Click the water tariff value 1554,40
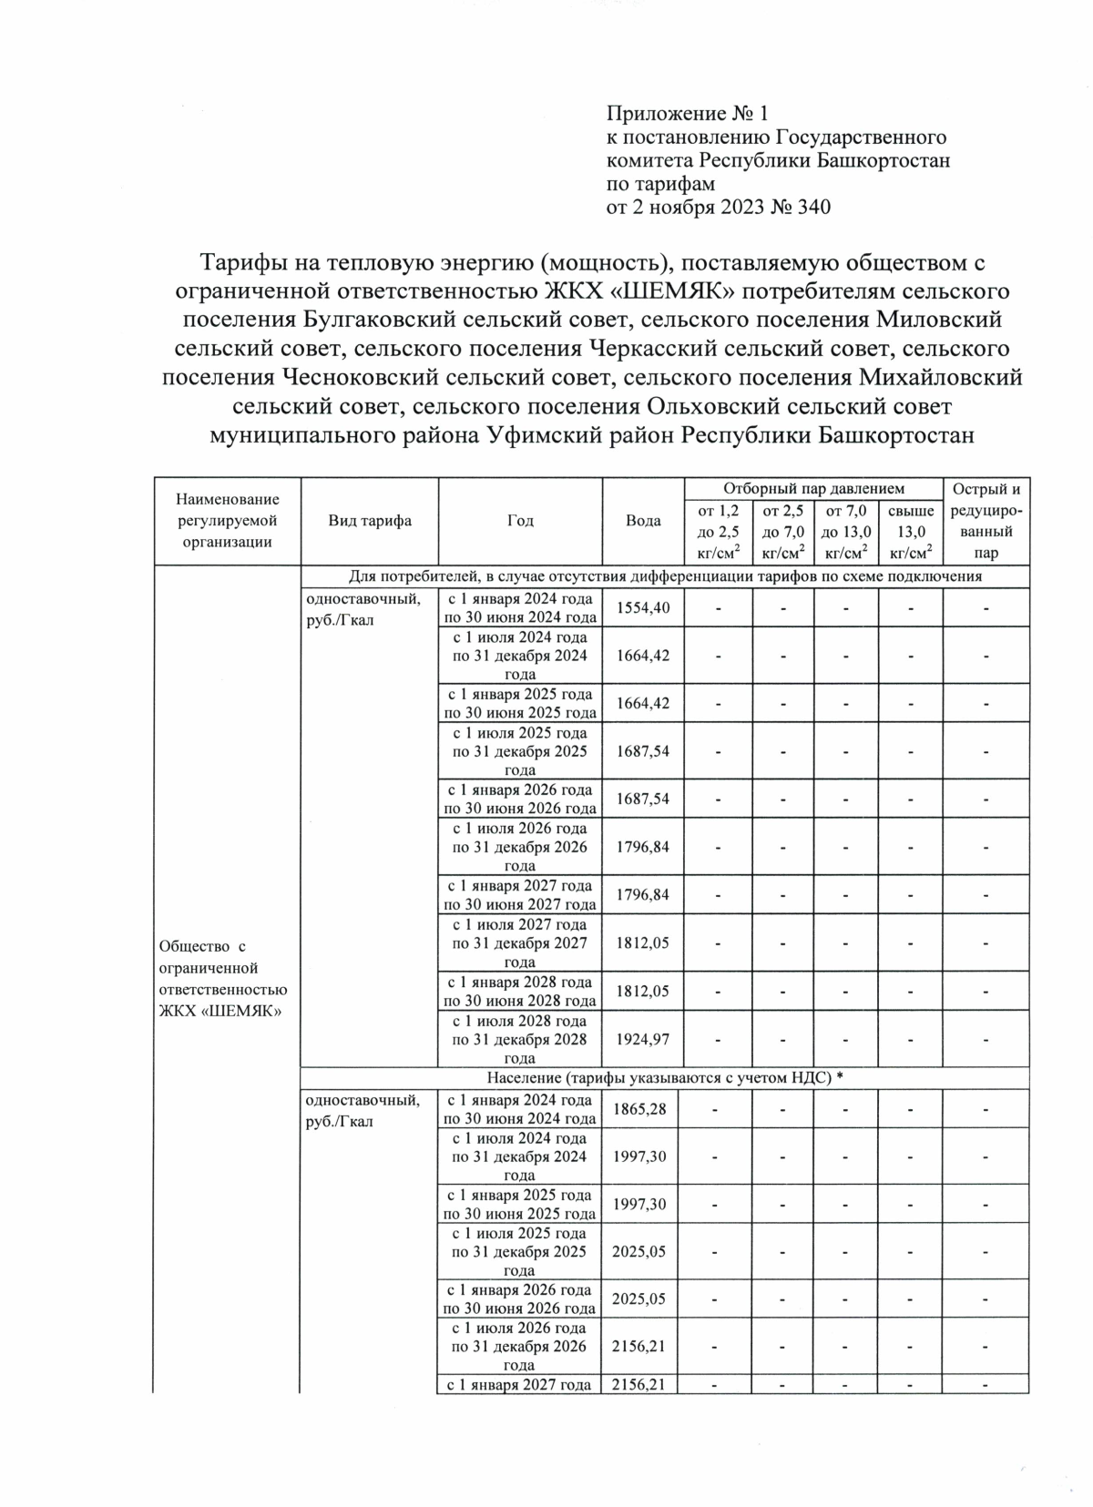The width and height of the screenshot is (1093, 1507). coord(643,607)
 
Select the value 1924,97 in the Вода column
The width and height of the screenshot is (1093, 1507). coord(643,1038)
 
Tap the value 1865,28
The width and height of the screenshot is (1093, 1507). coord(643,1108)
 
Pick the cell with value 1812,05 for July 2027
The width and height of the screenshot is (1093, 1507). coord(643,942)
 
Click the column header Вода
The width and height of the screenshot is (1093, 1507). coord(643,521)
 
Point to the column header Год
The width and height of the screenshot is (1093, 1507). coord(520,521)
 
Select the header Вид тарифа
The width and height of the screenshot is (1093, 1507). coord(370,521)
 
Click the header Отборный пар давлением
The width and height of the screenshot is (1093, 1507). coord(813,489)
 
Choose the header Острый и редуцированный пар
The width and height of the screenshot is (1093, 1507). coord(986,521)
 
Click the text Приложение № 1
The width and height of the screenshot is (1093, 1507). coord(688,114)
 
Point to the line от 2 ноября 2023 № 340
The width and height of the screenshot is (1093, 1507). coord(719,208)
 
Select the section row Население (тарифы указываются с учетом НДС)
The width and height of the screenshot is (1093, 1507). coord(665,1078)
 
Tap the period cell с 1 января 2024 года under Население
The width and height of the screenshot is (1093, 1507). coord(520,1108)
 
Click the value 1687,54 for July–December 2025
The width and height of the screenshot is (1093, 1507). coord(643,751)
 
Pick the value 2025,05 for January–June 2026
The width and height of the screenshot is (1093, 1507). coord(643,1298)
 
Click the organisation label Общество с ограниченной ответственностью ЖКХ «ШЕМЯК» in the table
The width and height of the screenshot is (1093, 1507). coord(223,979)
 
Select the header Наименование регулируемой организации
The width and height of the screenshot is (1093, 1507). coord(228,521)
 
